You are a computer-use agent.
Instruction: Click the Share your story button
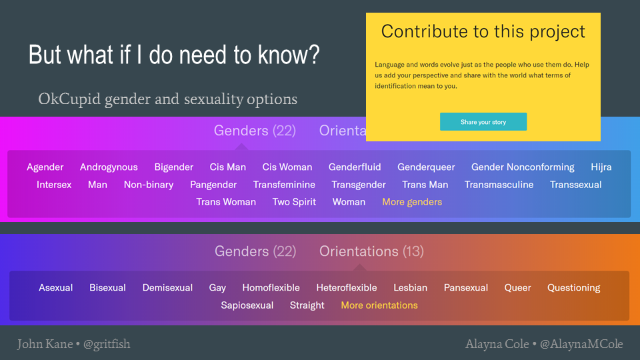tap(483, 121)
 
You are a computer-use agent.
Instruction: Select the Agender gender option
tap(45, 167)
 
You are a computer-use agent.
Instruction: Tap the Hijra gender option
tap(601, 167)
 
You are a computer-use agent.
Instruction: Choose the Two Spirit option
tap(294, 202)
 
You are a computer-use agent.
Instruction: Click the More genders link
tap(412, 202)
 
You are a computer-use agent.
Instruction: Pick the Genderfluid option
tap(355, 167)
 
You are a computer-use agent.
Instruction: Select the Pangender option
tap(213, 185)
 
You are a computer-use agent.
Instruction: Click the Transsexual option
tap(575, 185)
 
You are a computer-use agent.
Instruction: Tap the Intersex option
tap(54, 185)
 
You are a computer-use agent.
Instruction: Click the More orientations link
tap(379, 305)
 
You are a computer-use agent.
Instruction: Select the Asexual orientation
tap(55, 288)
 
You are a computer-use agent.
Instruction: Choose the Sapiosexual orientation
tap(247, 305)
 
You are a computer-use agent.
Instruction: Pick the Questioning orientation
tap(573, 288)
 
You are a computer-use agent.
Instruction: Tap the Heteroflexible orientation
tap(347, 288)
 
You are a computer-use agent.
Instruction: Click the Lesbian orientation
tap(410, 288)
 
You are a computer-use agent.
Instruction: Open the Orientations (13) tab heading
tap(371, 251)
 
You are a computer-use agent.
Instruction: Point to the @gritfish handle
tap(107, 344)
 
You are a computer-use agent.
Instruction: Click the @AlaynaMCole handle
tap(581, 344)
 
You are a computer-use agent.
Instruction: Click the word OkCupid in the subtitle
tap(69, 99)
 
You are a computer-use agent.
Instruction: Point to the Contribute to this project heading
tap(483, 32)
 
